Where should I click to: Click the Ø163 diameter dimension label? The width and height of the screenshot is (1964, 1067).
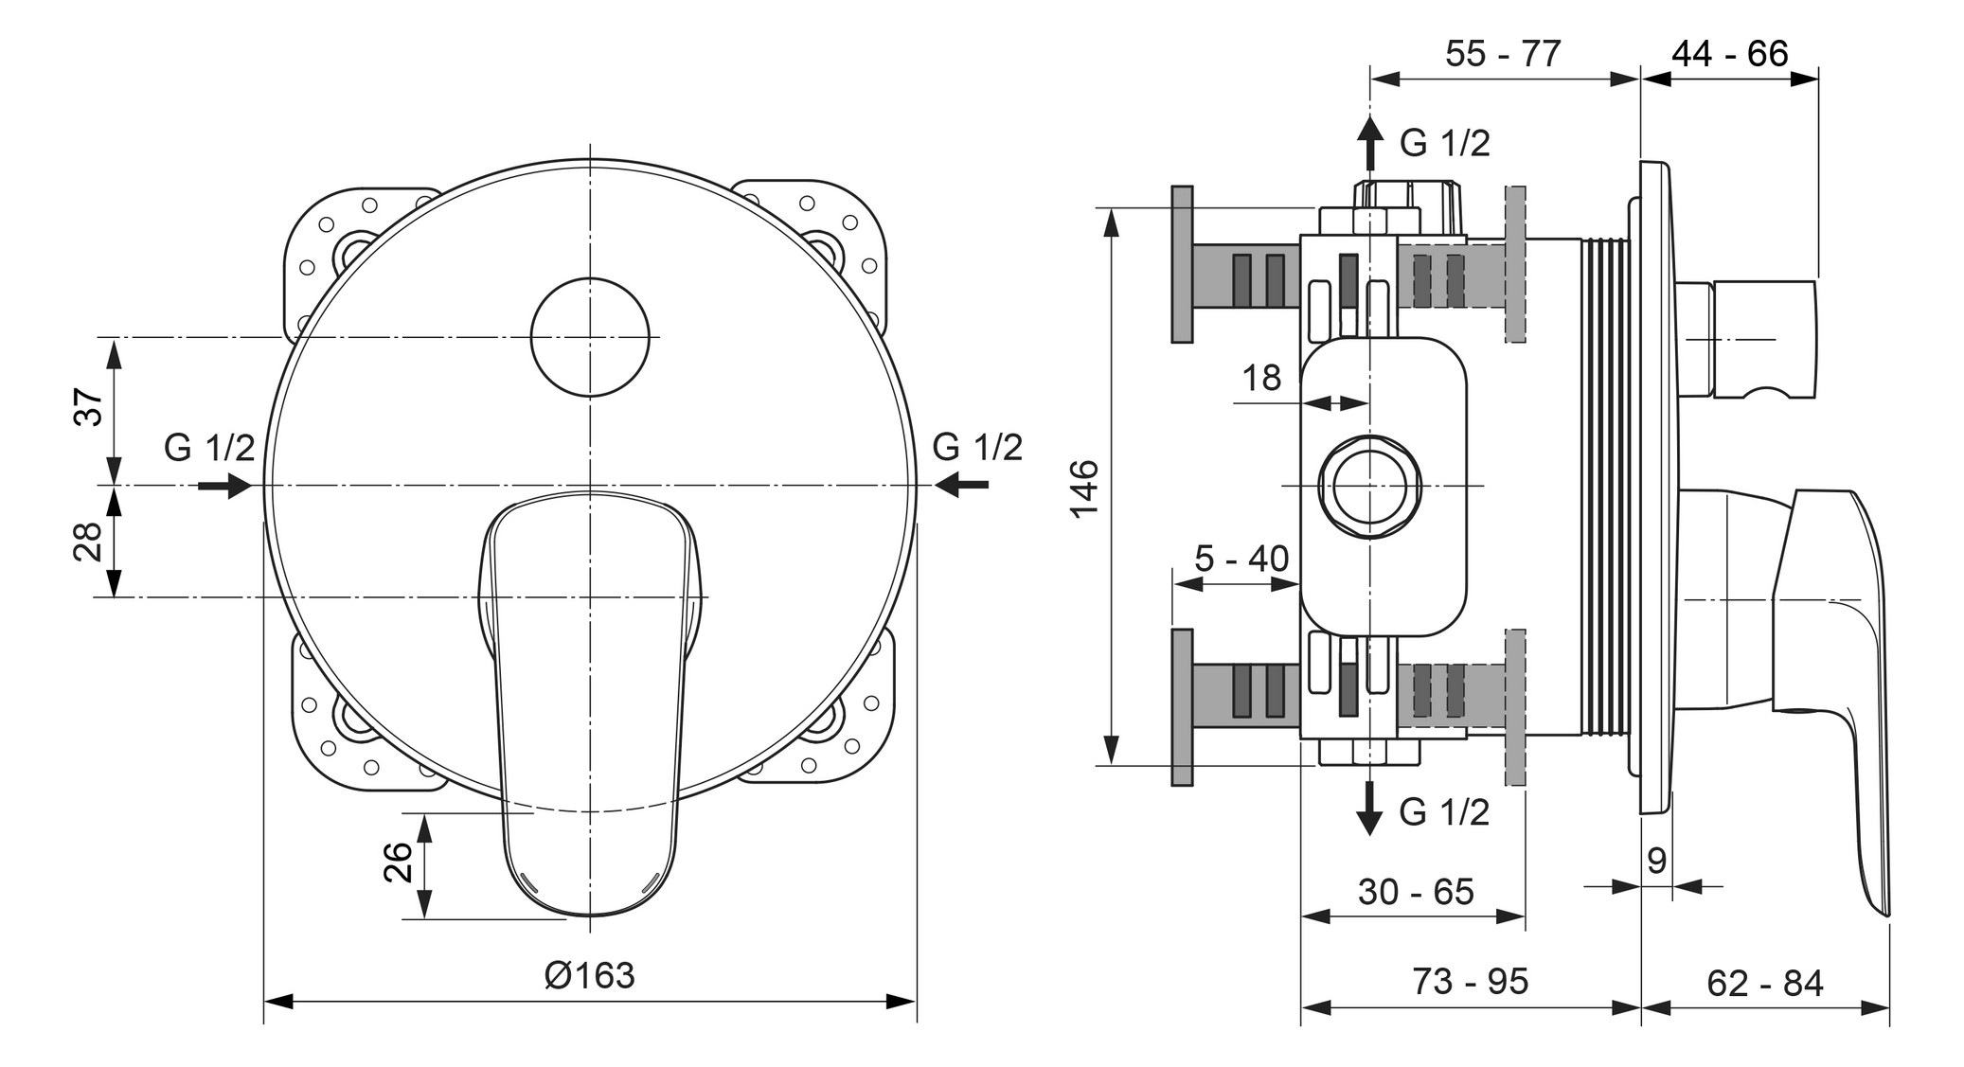point(589,974)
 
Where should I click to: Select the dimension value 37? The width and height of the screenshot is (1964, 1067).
point(89,407)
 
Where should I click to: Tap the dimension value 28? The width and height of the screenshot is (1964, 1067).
point(89,542)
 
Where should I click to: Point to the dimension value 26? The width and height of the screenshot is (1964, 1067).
point(400,862)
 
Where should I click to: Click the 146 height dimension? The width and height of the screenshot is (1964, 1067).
point(1084,488)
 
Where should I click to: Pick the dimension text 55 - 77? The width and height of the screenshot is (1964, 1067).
point(1503,53)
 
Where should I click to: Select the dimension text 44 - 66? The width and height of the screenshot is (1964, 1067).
point(1729,53)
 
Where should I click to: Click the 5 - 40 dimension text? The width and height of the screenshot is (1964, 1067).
point(1241,559)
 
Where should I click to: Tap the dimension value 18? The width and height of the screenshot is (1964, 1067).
point(1261,378)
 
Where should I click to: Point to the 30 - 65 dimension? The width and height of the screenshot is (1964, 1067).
point(1416,891)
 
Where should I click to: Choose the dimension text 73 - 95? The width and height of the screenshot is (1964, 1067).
point(1471,981)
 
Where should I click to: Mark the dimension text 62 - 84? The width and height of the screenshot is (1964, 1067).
point(1765,983)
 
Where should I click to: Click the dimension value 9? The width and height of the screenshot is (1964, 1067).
point(1656,861)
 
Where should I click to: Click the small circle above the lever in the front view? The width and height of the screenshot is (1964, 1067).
point(590,336)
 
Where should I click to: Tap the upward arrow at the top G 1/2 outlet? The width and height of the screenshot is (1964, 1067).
point(1369,142)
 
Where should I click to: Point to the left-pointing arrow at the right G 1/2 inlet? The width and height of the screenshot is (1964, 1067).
point(961,486)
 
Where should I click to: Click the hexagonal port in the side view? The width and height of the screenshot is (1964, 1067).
point(1370,486)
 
